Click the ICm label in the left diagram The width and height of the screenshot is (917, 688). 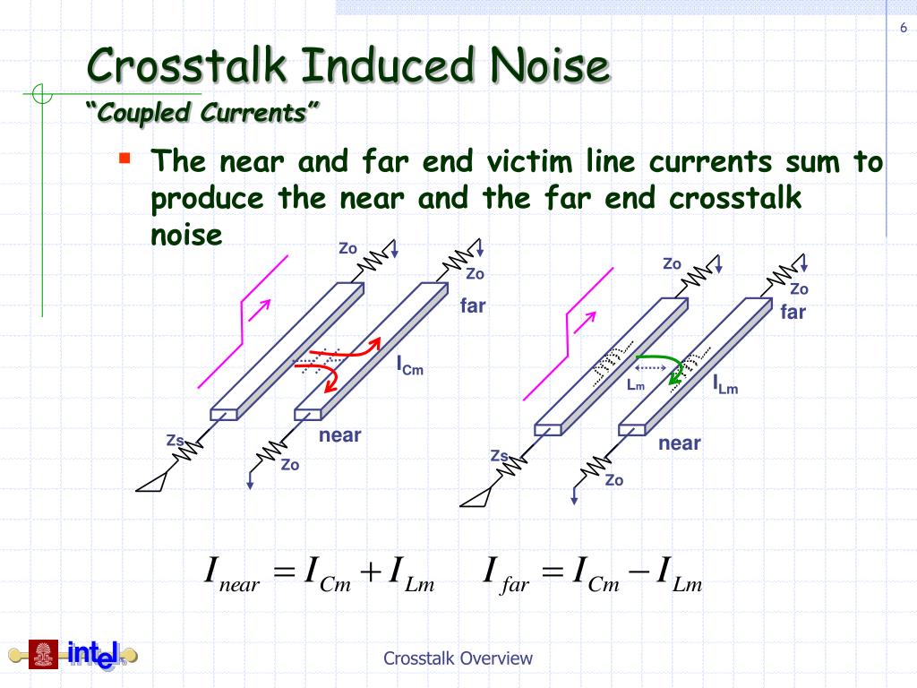click(x=409, y=365)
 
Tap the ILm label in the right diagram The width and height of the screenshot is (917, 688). click(x=725, y=385)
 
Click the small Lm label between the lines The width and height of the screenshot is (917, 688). click(x=636, y=385)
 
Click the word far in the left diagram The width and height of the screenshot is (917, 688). click(x=473, y=305)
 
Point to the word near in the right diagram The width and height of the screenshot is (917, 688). click(x=680, y=443)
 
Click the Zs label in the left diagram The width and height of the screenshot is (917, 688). click(x=176, y=439)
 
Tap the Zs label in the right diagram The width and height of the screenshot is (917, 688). click(x=500, y=456)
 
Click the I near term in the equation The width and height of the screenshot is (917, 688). click(x=231, y=574)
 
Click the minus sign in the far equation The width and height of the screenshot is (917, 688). click(x=639, y=571)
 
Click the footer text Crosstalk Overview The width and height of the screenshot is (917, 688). click(x=458, y=658)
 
